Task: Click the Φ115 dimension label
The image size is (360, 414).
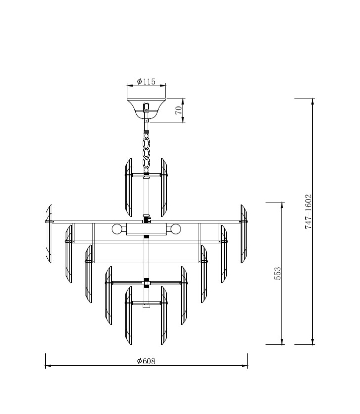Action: [x=146, y=82]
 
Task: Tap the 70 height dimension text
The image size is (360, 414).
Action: [x=179, y=110]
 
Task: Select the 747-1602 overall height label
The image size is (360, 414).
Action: [x=308, y=211]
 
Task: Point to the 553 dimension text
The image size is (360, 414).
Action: [x=278, y=274]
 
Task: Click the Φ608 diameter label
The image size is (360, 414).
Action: [x=146, y=361]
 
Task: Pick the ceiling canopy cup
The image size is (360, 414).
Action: [x=146, y=108]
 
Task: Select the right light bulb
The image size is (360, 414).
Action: [x=176, y=229]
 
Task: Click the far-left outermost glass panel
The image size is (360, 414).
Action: [x=49, y=234]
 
